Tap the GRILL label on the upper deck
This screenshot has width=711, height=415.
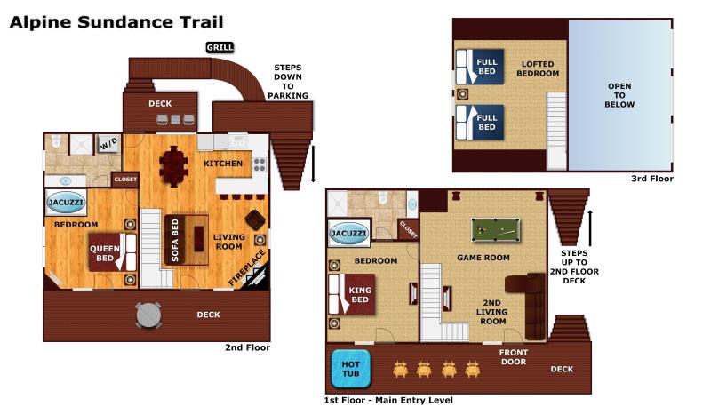(220, 47)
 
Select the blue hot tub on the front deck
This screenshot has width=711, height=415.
(350, 370)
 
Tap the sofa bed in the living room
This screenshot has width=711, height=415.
(175, 239)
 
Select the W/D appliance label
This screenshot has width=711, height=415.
(108, 144)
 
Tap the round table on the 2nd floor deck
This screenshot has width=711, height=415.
(148, 314)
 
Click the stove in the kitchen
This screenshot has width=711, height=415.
(260, 164)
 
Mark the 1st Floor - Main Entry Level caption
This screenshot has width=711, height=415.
(388, 401)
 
